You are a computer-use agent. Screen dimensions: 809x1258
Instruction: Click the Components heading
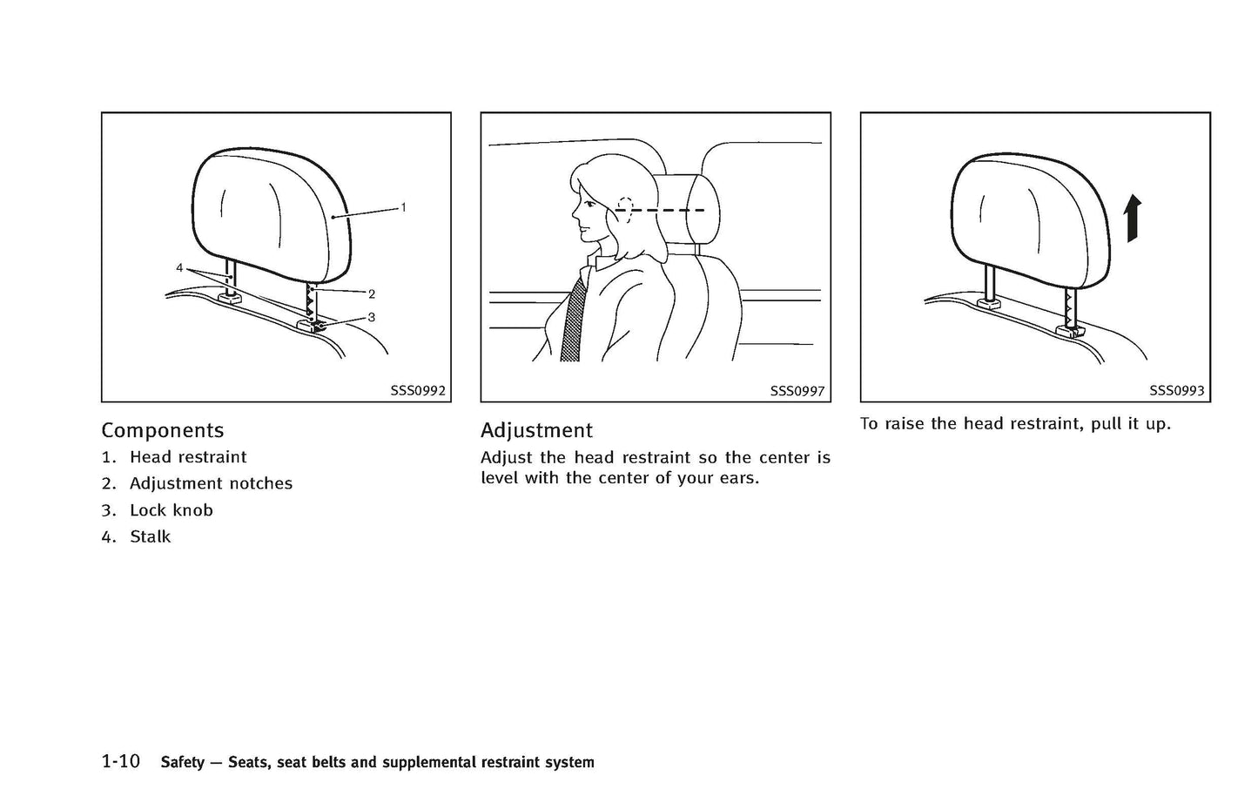(162, 430)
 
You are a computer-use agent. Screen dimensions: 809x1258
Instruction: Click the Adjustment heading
(536, 430)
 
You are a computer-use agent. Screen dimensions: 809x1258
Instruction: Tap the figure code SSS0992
(418, 391)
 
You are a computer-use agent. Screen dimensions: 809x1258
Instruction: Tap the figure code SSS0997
(797, 391)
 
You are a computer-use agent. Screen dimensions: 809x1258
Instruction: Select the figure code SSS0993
(1176, 391)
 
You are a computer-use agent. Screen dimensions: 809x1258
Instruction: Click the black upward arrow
(1131, 219)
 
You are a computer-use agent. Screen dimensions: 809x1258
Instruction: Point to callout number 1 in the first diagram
(403, 207)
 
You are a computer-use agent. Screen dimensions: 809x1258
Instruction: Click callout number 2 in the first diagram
(372, 294)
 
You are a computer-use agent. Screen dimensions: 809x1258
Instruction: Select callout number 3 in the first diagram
(372, 318)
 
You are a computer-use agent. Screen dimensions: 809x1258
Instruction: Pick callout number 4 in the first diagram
(179, 268)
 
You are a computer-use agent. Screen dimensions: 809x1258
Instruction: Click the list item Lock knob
(172, 510)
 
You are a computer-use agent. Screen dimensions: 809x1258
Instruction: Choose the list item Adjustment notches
(211, 483)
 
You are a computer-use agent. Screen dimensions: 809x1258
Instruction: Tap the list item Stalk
(151, 537)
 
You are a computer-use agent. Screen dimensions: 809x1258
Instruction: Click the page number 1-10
(120, 762)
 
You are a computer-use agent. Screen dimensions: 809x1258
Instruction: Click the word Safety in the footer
(183, 763)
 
